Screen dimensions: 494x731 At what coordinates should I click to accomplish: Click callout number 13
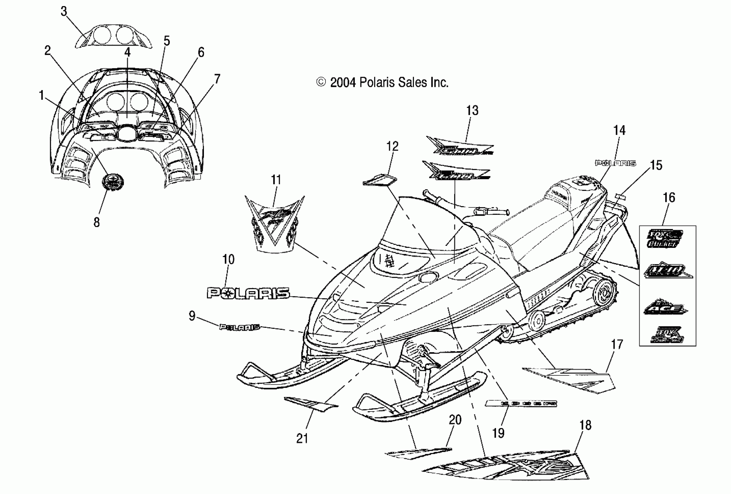point(472,111)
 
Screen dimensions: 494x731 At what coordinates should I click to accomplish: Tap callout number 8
point(97,223)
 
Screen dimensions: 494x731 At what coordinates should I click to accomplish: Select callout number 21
point(302,438)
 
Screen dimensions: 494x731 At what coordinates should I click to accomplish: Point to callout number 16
point(669,198)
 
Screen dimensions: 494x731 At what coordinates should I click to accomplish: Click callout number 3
point(64,12)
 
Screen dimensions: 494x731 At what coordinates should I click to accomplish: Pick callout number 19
point(498,433)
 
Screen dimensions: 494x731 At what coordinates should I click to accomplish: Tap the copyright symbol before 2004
point(321,82)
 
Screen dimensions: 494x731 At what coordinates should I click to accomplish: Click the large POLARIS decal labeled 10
point(248,293)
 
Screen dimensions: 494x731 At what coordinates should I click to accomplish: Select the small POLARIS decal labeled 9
point(240,327)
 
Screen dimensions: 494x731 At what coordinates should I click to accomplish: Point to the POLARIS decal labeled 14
point(615,163)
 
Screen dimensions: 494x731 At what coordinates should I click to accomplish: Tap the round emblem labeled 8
point(112,182)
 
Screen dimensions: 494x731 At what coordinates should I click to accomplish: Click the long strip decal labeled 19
point(521,403)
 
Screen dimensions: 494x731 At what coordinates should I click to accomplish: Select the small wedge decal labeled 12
point(380,180)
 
